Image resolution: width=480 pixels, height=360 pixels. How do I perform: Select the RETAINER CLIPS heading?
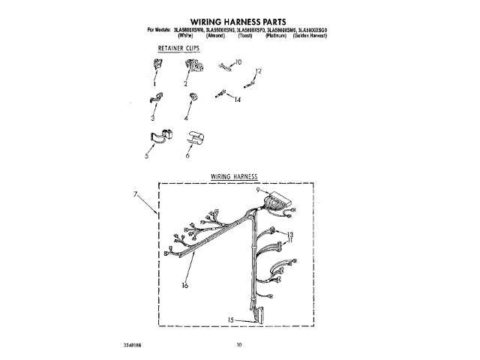[x=173, y=49]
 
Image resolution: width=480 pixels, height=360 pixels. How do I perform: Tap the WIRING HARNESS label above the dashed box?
[x=233, y=176]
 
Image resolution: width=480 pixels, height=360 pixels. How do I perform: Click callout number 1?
[x=154, y=85]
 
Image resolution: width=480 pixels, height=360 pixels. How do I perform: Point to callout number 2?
[x=185, y=85]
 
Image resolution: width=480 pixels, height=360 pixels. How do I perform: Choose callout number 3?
[x=152, y=118]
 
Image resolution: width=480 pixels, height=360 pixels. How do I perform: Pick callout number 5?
[x=147, y=157]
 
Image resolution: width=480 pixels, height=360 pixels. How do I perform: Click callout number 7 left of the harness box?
[x=136, y=195]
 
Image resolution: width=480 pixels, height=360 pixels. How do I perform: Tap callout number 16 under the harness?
[x=184, y=285]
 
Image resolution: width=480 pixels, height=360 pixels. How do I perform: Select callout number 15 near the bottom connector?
[x=232, y=319]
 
